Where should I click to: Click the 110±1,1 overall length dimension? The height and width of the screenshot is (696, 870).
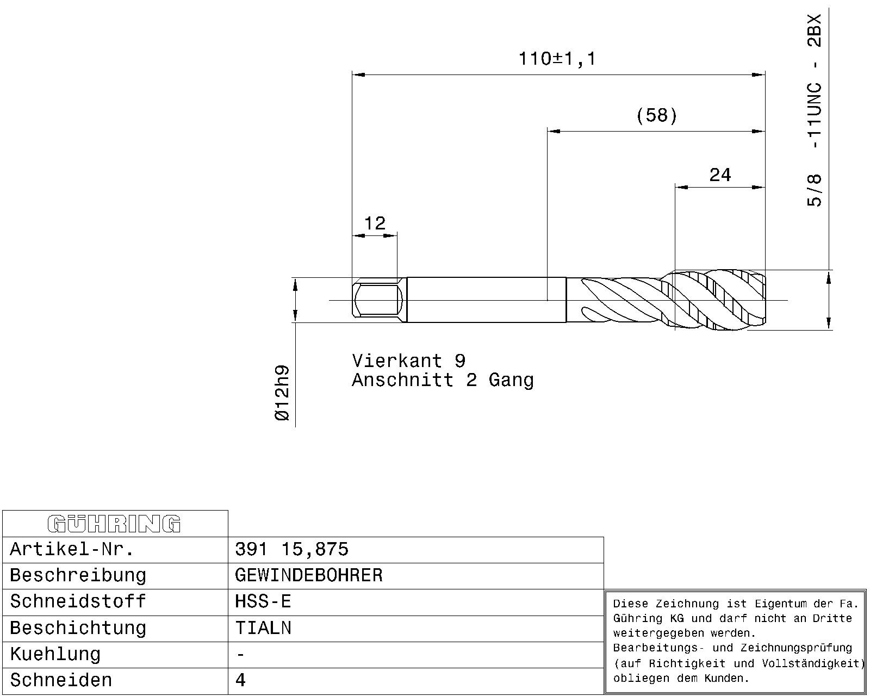(x=557, y=59)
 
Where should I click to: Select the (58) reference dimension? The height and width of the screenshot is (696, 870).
(x=656, y=116)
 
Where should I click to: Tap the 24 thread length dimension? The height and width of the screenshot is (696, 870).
(x=720, y=175)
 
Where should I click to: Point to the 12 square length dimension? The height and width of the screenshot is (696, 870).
(x=375, y=223)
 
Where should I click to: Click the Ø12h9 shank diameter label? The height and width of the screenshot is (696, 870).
(x=282, y=393)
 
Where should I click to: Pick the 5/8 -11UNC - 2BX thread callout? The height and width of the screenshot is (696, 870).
(x=814, y=110)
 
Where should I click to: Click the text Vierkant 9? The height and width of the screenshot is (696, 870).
(x=409, y=361)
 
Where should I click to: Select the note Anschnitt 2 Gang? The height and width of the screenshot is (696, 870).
(x=443, y=380)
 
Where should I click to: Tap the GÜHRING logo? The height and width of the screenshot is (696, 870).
(x=114, y=524)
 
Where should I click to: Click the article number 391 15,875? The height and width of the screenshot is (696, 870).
(x=291, y=549)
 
